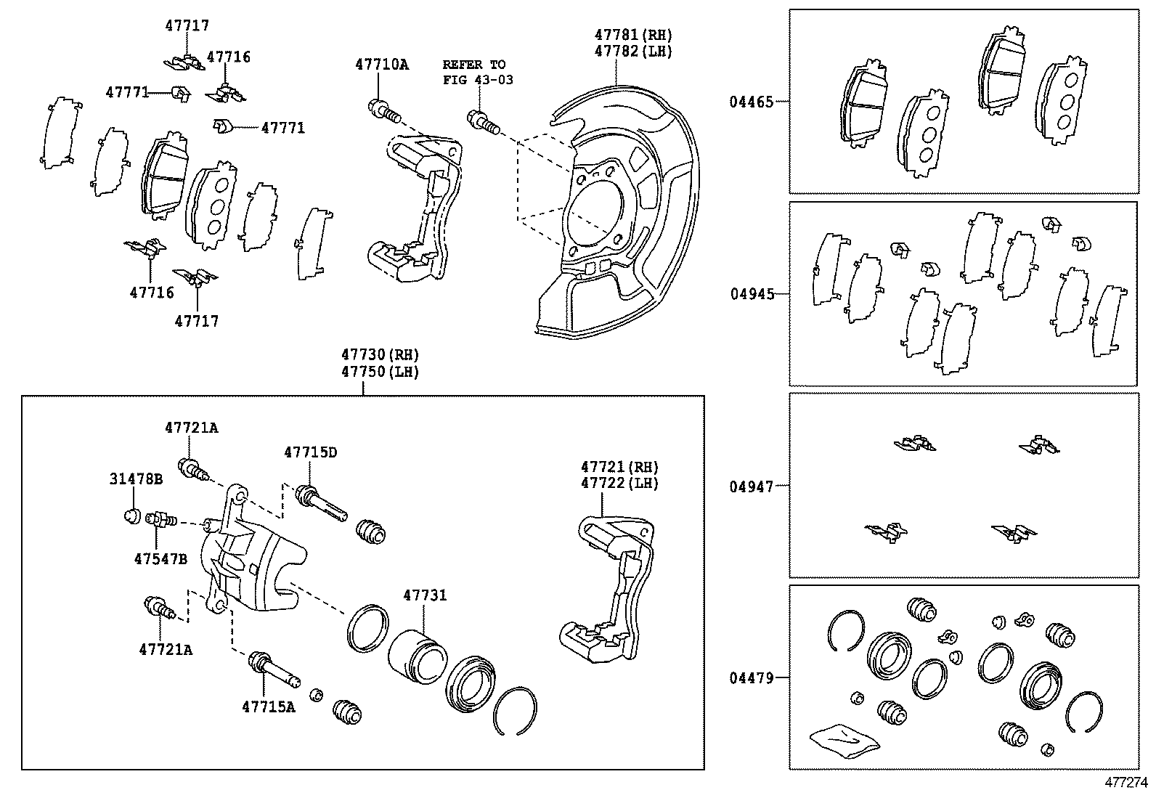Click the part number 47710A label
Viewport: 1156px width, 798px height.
(381, 65)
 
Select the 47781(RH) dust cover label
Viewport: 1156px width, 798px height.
(633, 35)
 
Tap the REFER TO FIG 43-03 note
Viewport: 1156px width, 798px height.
(477, 72)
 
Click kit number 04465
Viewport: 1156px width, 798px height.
(752, 102)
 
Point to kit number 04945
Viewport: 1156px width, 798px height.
(752, 295)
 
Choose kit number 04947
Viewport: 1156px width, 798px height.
(752, 486)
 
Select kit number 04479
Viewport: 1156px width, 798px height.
(752, 678)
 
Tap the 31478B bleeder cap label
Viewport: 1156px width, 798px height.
(137, 479)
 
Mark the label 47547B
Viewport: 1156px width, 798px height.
(160, 559)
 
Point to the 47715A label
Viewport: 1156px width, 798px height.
(269, 707)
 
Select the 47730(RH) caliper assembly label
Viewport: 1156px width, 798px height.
(380, 355)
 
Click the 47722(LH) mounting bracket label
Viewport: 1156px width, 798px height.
(619, 484)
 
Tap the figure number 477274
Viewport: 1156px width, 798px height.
(1126, 783)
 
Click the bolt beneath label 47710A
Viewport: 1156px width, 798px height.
(385, 111)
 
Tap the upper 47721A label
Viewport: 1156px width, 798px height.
(191, 428)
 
